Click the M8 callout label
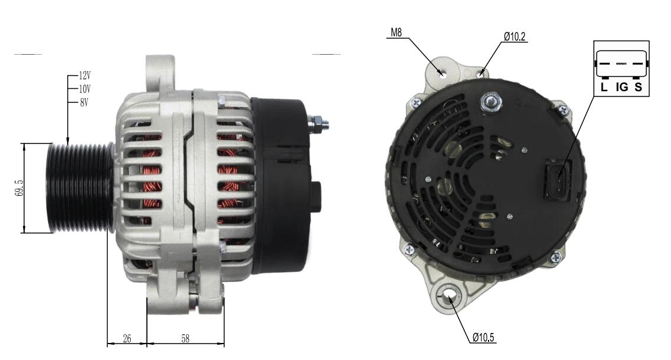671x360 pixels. [x=396, y=32]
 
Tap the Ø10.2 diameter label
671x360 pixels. [x=514, y=37]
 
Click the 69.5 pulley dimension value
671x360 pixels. [x=19, y=188]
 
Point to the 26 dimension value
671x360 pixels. [x=127, y=339]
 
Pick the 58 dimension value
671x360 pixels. [x=185, y=339]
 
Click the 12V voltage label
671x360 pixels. [x=85, y=76]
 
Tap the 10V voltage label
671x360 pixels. [x=85, y=89]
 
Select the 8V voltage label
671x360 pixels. [x=84, y=102]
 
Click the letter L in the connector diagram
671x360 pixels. [x=604, y=87]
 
